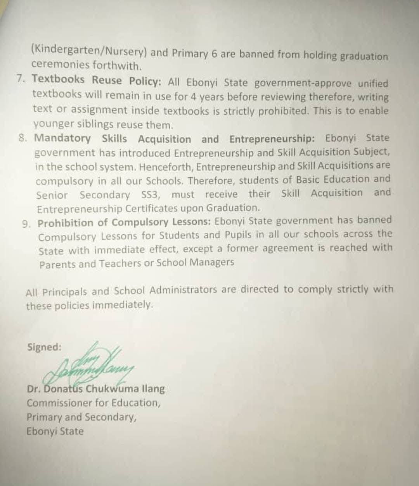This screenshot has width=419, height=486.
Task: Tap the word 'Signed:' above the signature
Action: (44, 347)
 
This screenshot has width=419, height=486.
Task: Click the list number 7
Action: (22, 79)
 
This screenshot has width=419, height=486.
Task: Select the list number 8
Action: (24, 138)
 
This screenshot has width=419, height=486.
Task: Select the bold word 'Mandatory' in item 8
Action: (62, 138)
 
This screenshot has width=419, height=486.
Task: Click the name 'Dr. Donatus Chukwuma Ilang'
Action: (96, 389)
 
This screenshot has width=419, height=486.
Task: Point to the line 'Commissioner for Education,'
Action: (93, 403)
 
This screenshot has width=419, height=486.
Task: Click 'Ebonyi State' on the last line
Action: (55, 431)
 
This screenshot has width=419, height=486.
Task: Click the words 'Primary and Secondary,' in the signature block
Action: (81, 417)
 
